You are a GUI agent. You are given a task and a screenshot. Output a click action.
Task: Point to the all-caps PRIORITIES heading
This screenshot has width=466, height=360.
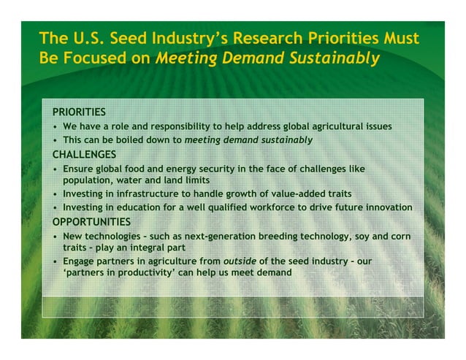tap(79, 112)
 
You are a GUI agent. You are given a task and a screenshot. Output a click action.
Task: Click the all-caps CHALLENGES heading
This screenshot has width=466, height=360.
tap(84, 154)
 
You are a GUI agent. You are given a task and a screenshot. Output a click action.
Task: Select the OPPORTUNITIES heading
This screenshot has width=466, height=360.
tap(91, 221)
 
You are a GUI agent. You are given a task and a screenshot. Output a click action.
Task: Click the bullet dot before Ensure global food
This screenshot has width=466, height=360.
tap(56, 169)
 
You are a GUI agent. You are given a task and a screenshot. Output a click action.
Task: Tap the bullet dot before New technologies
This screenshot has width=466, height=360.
tap(56, 237)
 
